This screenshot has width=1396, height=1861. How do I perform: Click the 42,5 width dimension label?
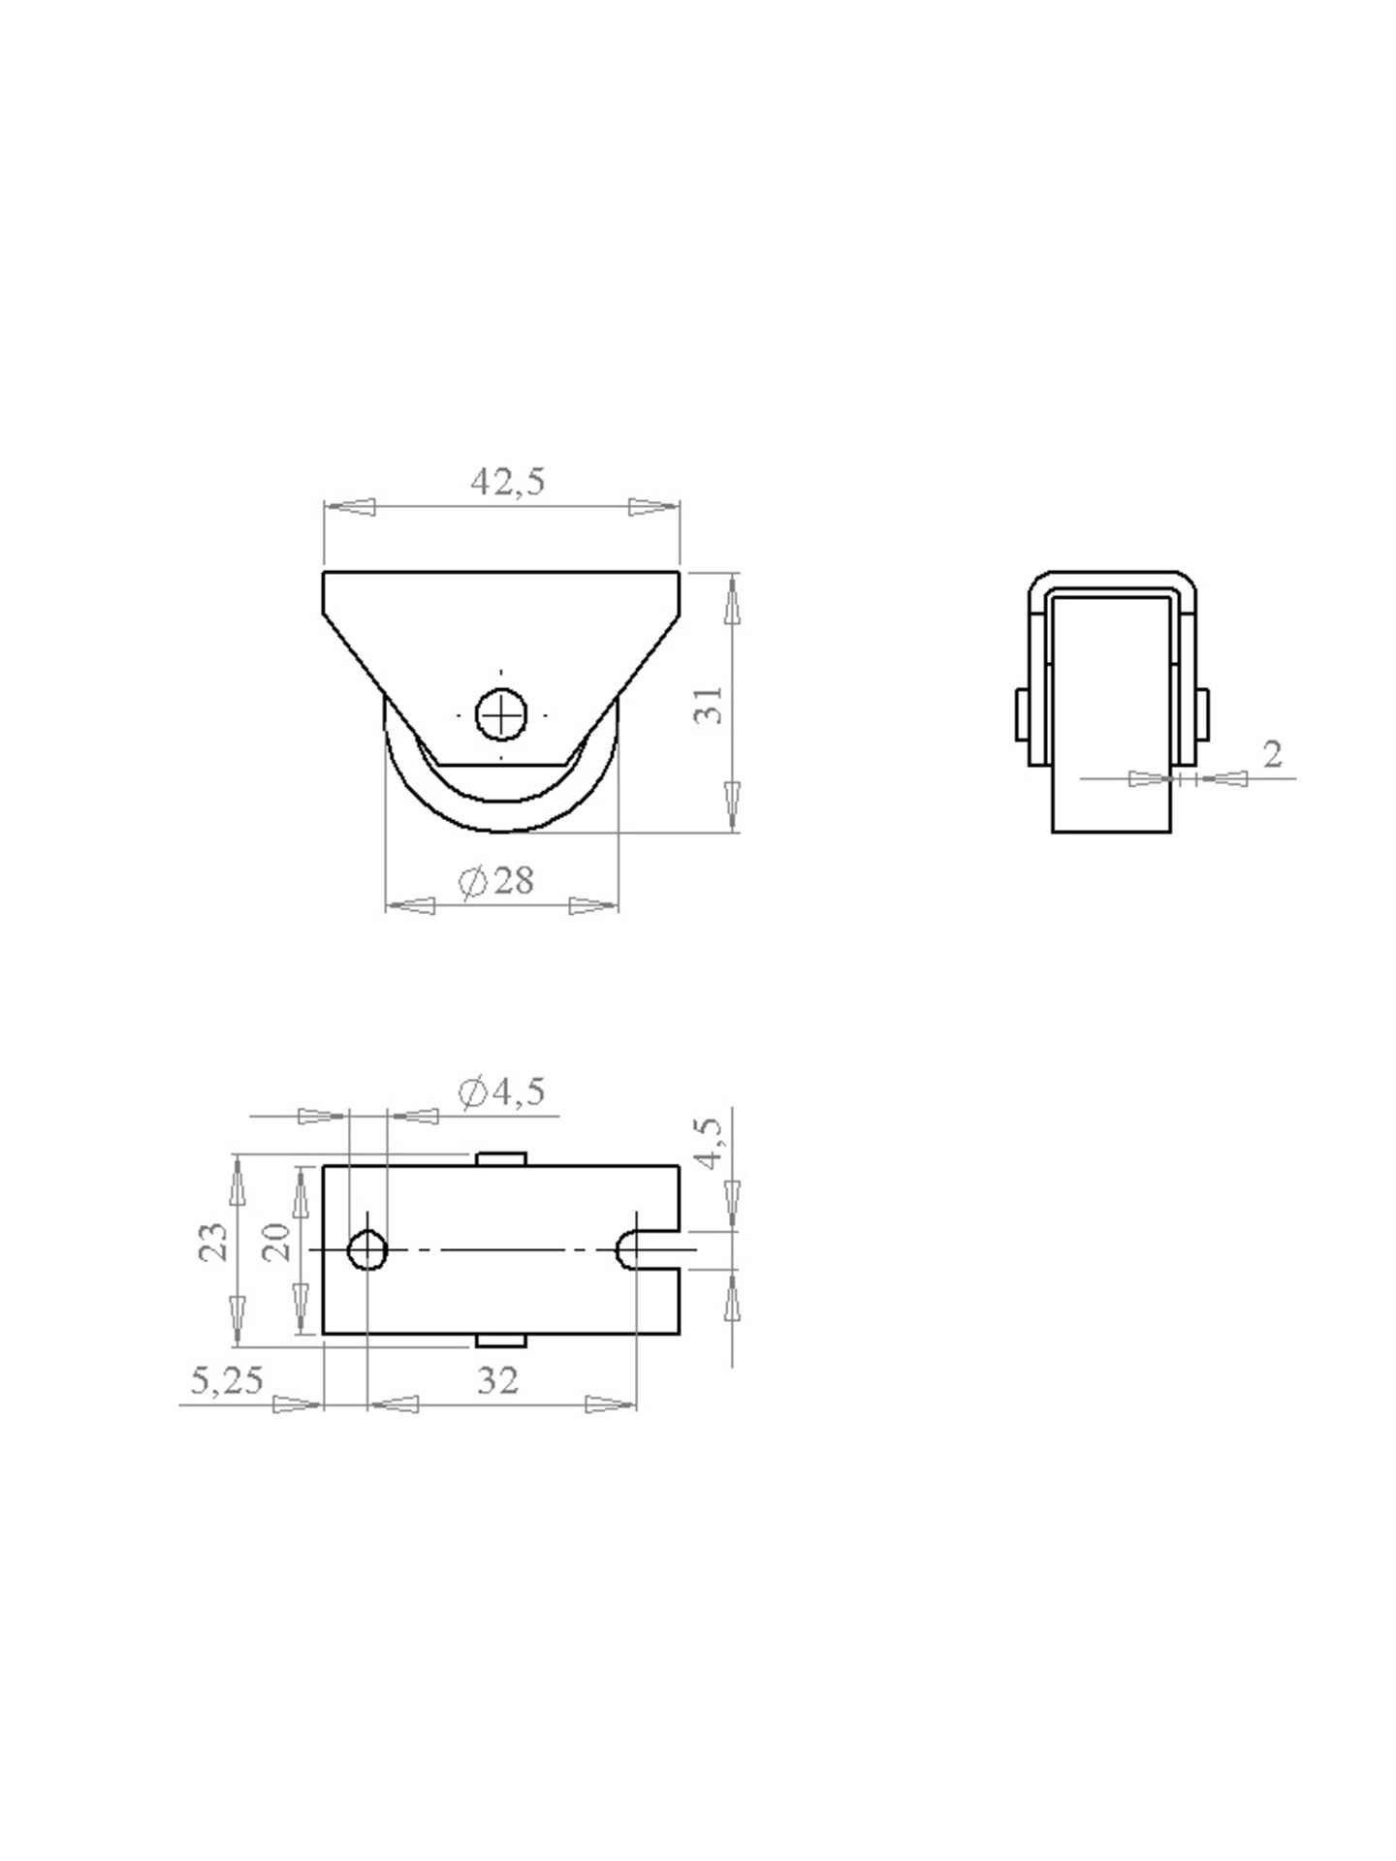(508, 481)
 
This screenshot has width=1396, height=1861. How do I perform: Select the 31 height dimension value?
(710, 705)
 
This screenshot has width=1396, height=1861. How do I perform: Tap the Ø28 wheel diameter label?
(496, 881)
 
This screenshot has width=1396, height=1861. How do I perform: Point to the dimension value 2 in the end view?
(1273, 753)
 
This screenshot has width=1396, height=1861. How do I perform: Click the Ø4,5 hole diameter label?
(501, 1092)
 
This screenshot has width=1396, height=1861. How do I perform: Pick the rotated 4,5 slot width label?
(709, 1144)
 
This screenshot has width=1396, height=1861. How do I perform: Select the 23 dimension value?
(214, 1241)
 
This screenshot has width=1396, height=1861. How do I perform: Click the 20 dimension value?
(278, 1241)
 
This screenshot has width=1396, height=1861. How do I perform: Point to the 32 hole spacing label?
(498, 1380)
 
